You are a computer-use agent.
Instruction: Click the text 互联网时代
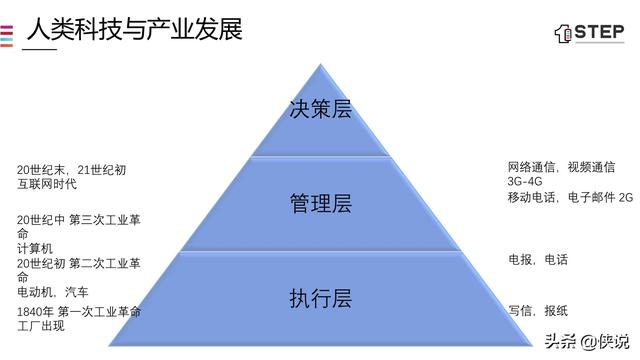[x=47, y=184]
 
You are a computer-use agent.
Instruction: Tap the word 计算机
[x=33, y=248]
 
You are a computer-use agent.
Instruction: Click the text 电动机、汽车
[x=52, y=292]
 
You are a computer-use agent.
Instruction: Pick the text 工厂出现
[x=40, y=326]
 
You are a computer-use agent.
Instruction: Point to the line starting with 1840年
[x=79, y=312]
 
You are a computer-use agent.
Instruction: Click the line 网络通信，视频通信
[x=561, y=167]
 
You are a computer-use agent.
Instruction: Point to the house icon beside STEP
[x=562, y=33]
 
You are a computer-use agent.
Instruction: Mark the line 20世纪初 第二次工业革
[x=79, y=263]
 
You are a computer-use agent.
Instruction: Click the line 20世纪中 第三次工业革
[x=79, y=219]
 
